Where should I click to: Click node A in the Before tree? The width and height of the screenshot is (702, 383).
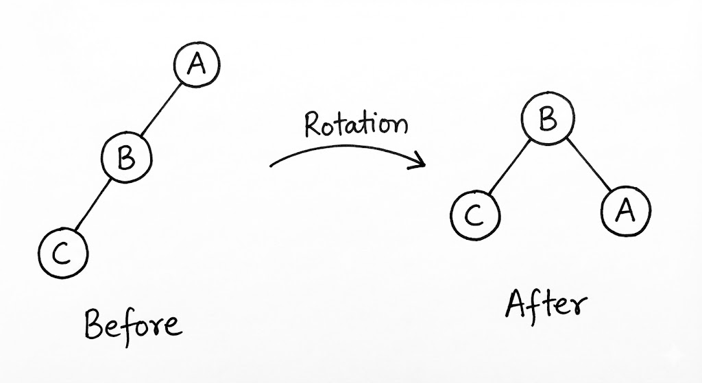point(197,66)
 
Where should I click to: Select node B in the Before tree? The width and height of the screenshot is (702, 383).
point(126,158)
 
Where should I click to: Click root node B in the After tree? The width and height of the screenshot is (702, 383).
point(546,121)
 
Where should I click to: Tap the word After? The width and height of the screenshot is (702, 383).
point(546,305)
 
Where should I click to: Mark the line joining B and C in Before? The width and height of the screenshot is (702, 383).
point(95,206)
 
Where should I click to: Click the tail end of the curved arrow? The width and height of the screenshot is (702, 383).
point(272,164)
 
